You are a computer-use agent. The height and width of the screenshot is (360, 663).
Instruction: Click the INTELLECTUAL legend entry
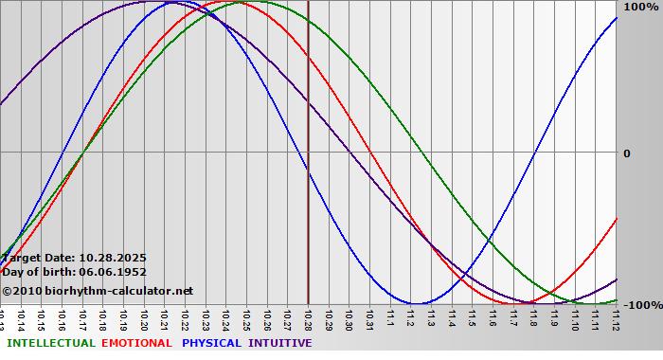(x=49, y=343)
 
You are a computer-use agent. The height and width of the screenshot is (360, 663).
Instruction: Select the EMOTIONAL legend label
(x=136, y=343)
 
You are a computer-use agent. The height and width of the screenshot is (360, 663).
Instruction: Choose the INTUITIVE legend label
(x=279, y=343)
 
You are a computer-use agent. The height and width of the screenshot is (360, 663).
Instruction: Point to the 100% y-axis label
(x=640, y=7)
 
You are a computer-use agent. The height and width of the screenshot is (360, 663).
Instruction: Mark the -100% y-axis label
(x=640, y=305)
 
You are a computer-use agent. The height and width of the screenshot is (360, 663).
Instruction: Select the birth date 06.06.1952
(x=113, y=272)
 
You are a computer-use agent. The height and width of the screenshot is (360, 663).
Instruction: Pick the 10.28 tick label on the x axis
(x=308, y=320)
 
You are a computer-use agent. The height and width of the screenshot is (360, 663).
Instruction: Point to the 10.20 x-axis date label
(x=144, y=320)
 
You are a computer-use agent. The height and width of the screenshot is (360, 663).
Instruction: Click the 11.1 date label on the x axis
(x=390, y=320)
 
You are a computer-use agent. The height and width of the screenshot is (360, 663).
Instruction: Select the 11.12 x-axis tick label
(x=616, y=320)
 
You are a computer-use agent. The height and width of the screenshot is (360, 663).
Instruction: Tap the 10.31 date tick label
(x=369, y=320)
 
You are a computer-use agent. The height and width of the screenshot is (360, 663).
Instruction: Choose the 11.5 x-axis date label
(x=472, y=320)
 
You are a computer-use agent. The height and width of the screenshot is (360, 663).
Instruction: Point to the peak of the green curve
(x=259, y=2)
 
